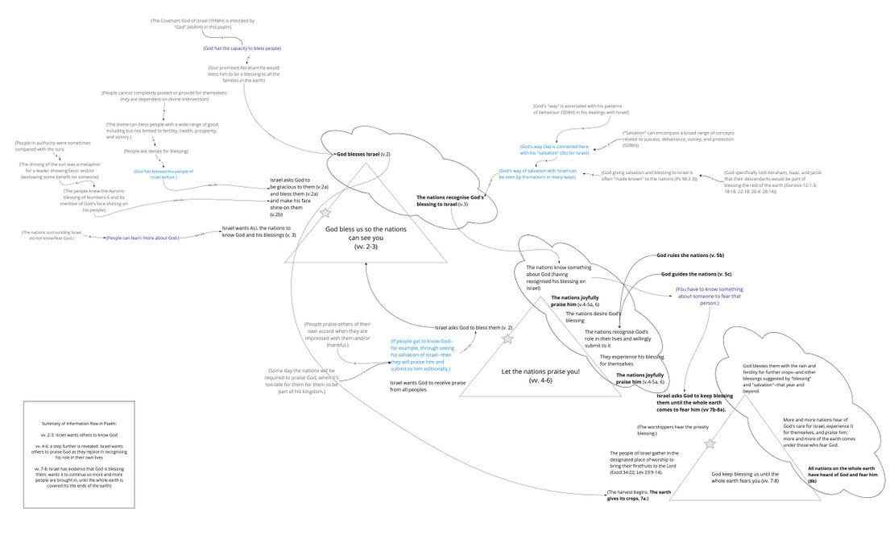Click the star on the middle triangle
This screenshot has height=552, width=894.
point(507,339)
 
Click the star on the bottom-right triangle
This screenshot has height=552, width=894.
point(710,444)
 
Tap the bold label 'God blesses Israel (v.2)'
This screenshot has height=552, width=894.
point(362,153)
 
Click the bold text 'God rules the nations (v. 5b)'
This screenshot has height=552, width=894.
point(689,255)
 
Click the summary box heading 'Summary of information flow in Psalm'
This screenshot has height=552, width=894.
point(79,423)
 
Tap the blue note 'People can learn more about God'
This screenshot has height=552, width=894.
point(142,238)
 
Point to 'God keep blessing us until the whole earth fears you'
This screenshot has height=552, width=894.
point(745,478)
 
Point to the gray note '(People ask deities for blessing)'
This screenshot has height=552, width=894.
point(155,151)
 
